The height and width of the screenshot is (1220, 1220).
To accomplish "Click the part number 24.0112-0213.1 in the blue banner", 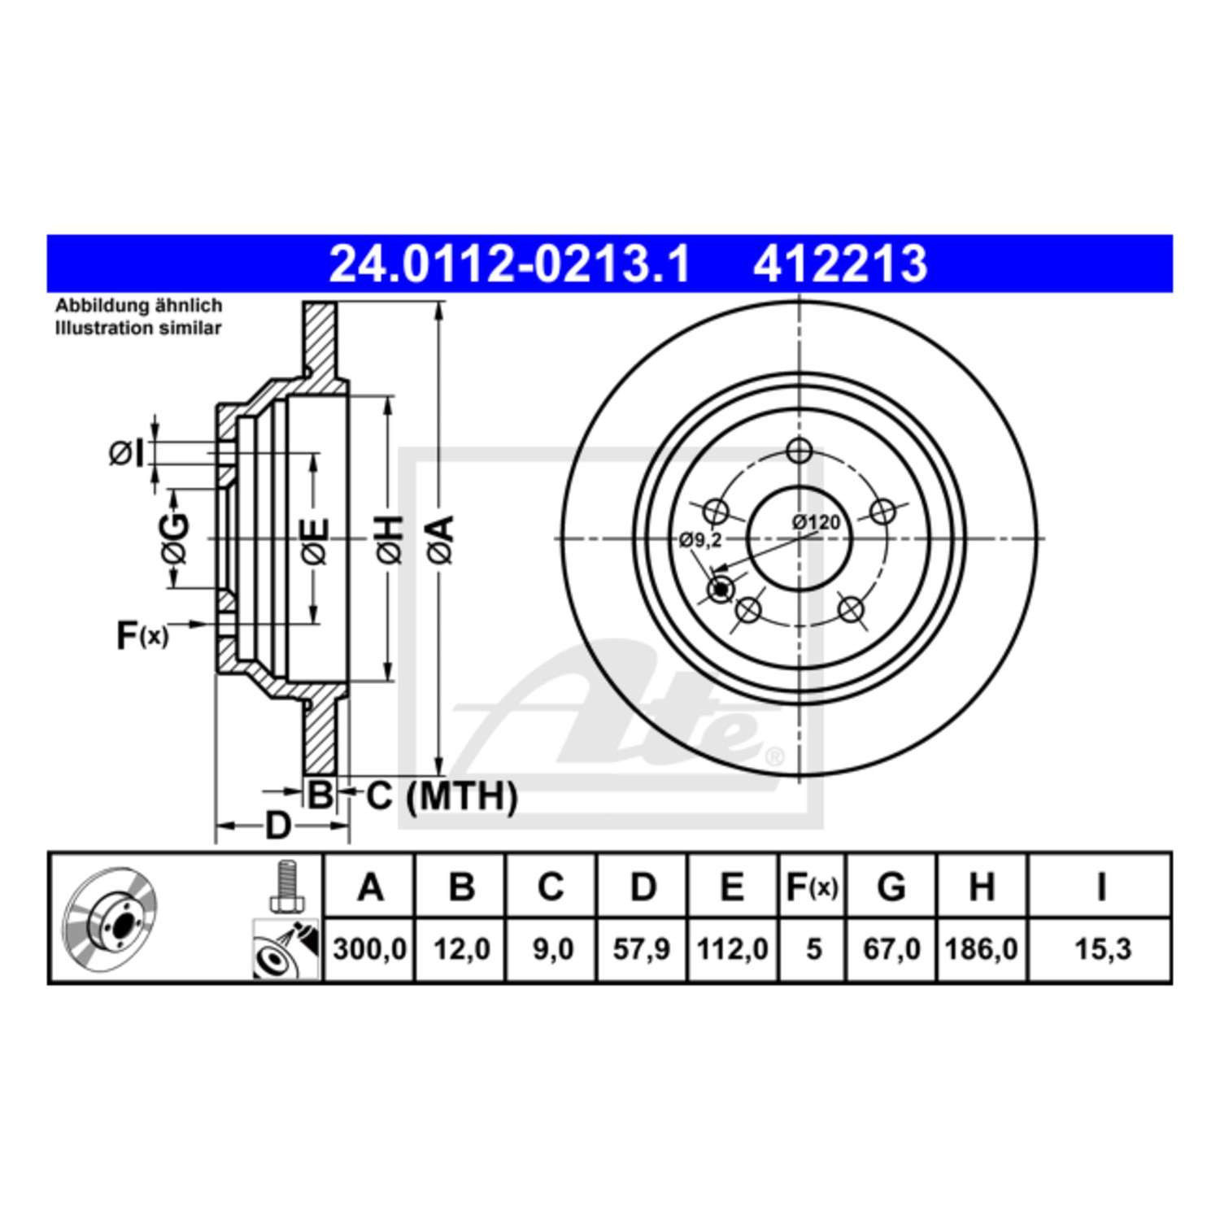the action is (x=509, y=264).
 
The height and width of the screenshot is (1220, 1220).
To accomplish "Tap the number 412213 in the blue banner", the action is (x=840, y=264).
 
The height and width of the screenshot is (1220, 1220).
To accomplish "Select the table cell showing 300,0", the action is (x=369, y=949).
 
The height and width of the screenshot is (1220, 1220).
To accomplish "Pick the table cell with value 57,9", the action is (x=642, y=949).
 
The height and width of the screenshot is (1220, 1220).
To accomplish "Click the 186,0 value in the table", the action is (x=982, y=949).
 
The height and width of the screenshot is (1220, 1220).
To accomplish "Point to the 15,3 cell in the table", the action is (x=1103, y=949).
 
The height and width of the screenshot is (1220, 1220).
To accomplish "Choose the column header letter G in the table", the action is (x=891, y=887).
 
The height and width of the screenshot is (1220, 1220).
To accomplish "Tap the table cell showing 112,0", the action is (x=733, y=949).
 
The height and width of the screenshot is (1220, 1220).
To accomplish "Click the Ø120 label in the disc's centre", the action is (x=816, y=522).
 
